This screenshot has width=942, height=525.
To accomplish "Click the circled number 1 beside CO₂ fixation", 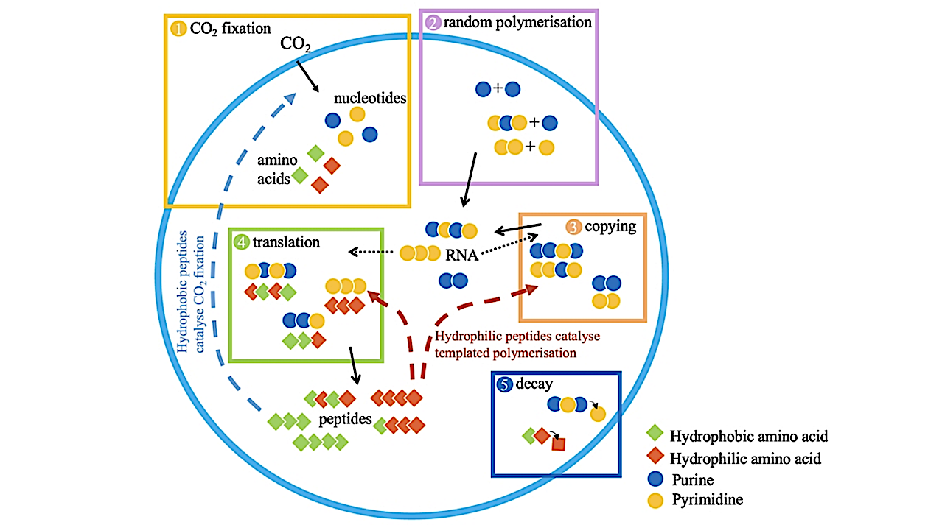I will tap(178, 29).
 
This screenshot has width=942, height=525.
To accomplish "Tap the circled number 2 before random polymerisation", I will tap(433, 22).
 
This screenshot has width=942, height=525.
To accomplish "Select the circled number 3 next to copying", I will tap(573, 227).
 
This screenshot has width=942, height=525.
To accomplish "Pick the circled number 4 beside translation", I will tap(243, 242).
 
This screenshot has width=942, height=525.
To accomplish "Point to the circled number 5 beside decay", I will tap(505, 384).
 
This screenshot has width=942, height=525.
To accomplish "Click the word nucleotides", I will tap(370, 98).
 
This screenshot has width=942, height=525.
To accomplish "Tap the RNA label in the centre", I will tap(461, 256).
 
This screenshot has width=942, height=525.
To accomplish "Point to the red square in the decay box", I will tap(558, 444).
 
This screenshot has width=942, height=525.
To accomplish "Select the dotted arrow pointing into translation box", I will tap(372, 252).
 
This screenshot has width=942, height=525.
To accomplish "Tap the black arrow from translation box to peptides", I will tap(355, 366).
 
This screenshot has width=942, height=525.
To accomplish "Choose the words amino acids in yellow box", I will tap(273, 169).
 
